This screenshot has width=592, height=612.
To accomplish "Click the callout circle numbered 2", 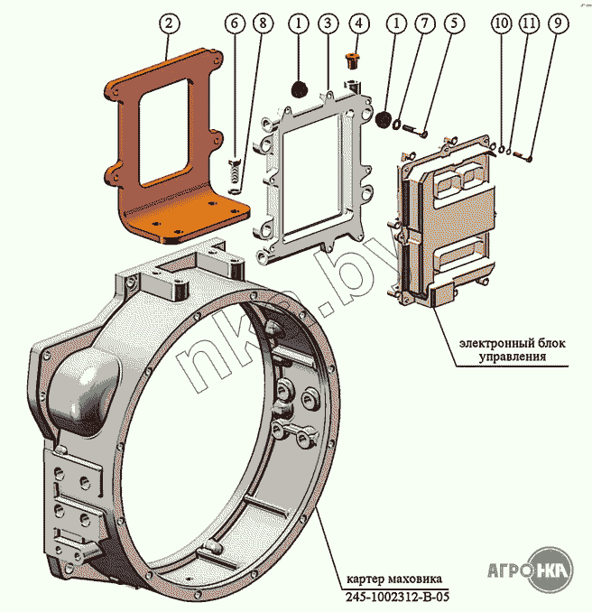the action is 169,23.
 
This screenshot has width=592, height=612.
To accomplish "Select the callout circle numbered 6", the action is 235,23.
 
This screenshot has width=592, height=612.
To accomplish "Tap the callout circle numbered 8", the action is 263,23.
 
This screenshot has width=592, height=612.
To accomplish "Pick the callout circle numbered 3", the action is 328,23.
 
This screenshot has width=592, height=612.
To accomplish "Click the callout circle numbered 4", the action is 359,23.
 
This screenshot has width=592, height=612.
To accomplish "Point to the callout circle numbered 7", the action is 424,23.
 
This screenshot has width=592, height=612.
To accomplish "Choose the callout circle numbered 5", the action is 453,23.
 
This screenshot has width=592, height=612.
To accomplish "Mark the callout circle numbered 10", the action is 502,23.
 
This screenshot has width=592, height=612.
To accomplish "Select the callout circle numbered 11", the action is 529,23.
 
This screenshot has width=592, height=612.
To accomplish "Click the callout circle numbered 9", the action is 558,23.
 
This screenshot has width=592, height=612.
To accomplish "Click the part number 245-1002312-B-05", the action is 397,598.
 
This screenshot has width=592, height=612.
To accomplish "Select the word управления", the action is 513,357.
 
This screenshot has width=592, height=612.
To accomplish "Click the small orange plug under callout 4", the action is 353,61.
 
